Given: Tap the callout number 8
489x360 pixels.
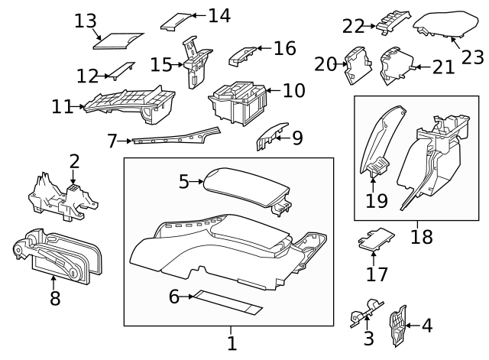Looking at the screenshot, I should tap(54, 298).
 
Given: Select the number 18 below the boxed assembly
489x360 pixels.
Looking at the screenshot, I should tap(421, 237).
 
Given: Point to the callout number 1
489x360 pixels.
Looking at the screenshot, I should tap(232, 343).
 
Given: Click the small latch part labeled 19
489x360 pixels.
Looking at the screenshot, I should tap(376, 168).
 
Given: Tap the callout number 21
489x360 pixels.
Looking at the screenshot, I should tap(443, 68).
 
